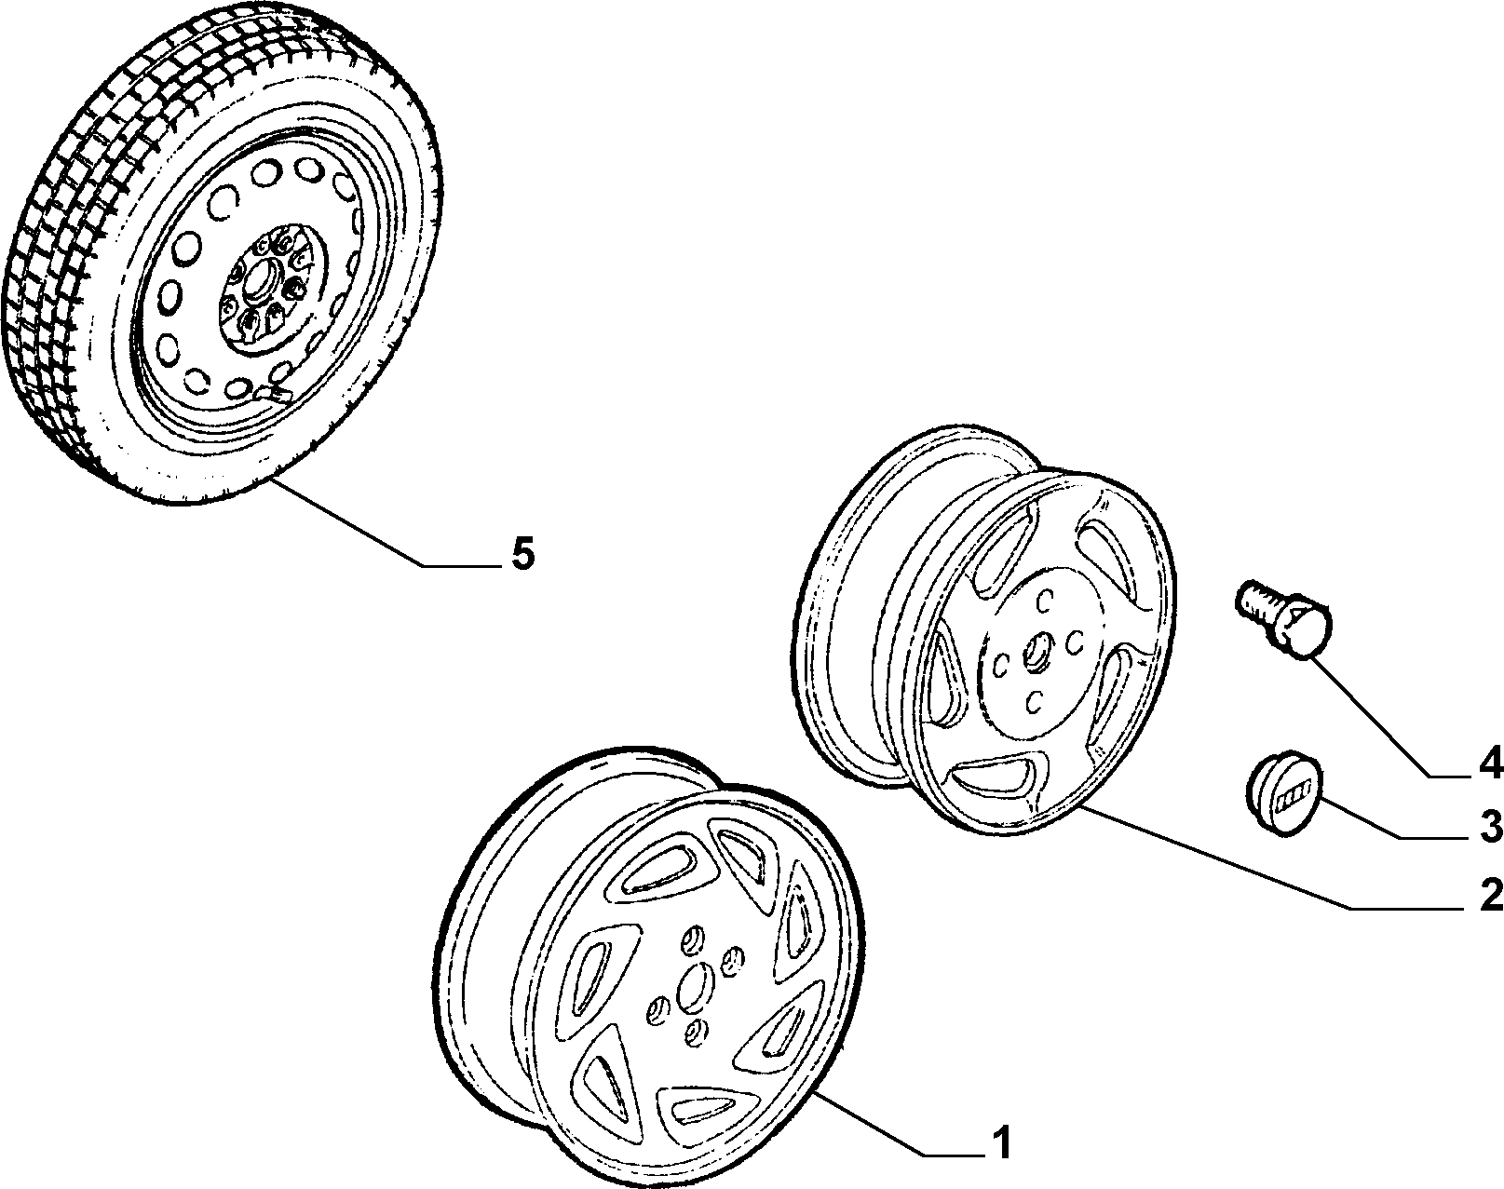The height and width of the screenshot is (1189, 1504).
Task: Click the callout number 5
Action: point(522,554)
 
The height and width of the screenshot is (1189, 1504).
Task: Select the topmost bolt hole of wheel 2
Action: point(1046,601)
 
